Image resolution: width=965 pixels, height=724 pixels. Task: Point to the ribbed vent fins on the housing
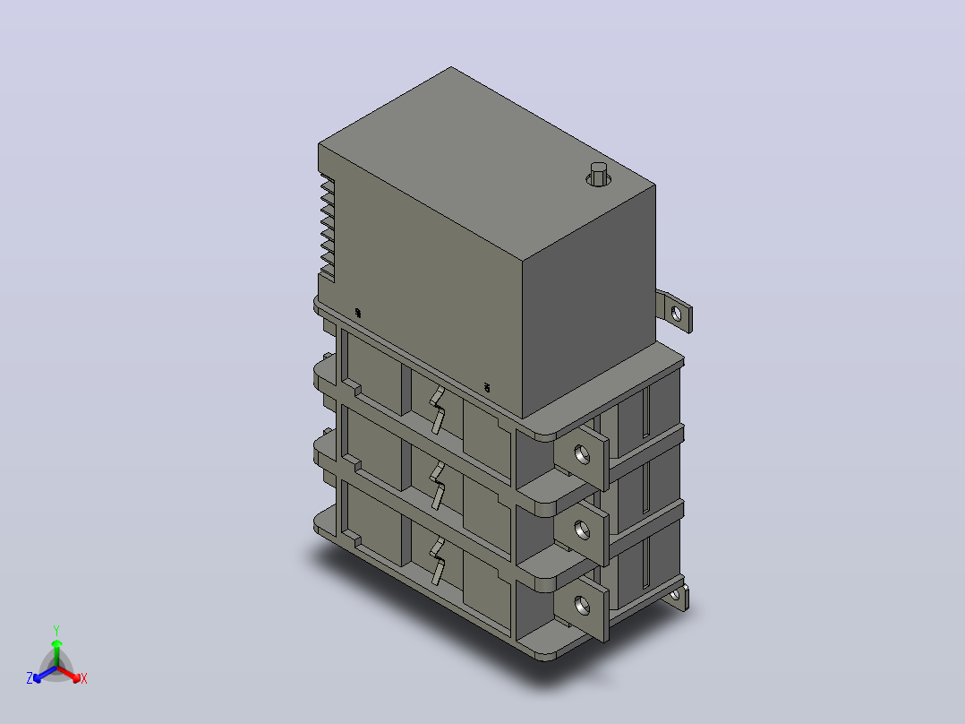(x=327, y=228)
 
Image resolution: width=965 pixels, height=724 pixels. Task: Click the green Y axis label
(x=56, y=630)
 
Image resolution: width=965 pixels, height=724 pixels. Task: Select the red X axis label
(x=84, y=678)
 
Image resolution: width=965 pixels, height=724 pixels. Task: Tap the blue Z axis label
(x=30, y=678)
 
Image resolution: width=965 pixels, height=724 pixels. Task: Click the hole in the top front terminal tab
(x=582, y=455)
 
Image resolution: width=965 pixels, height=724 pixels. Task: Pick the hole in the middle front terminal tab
(x=582, y=530)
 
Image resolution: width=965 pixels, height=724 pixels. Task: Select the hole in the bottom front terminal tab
(x=582, y=606)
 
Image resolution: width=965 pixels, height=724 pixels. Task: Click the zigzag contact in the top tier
(x=437, y=410)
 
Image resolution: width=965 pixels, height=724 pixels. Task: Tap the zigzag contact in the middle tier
(x=437, y=487)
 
